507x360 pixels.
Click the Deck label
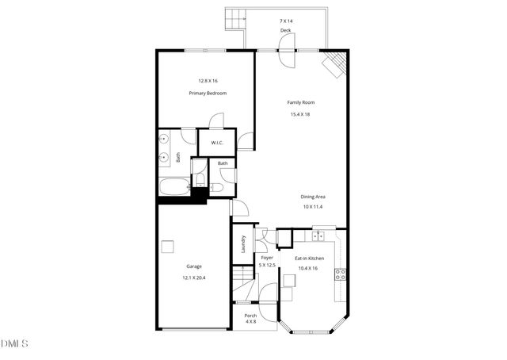pyautogui.click(x=285, y=30)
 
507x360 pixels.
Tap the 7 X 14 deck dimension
pyautogui.click(x=285, y=20)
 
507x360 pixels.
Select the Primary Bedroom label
pyautogui.click(x=208, y=93)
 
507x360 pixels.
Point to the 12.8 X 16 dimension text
pyautogui.click(x=208, y=81)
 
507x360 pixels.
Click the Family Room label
pyautogui.click(x=300, y=102)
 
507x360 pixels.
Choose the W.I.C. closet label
pyautogui.click(x=216, y=143)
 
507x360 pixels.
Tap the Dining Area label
pyautogui.click(x=313, y=197)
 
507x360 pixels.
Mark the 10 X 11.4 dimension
pyautogui.click(x=313, y=206)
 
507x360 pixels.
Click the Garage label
pyautogui.click(x=193, y=266)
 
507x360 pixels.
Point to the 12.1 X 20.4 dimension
pyautogui.click(x=193, y=278)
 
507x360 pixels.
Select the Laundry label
pyautogui.click(x=243, y=243)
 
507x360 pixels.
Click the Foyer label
pyautogui.click(x=267, y=257)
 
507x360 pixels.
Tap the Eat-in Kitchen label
pyautogui.click(x=310, y=258)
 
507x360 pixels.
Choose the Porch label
pyautogui.click(x=251, y=316)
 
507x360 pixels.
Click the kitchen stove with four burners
pyautogui.click(x=340, y=274)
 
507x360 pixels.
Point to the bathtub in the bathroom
pyautogui.click(x=173, y=189)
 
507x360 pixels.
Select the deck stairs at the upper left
pyautogui.click(x=234, y=17)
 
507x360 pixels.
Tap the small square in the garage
pyautogui.click(x=166, y=247)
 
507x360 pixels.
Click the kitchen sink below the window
pyautogui.click(x=318, y=236)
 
